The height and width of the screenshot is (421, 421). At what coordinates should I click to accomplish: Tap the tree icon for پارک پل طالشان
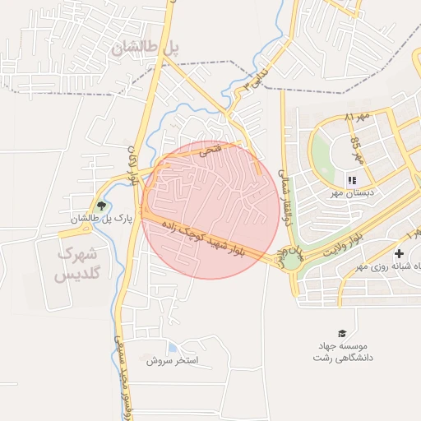point(101,206)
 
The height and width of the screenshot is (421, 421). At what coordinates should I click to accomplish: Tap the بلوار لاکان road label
point(131,163)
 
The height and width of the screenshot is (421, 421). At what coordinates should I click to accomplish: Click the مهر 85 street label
point(357,150)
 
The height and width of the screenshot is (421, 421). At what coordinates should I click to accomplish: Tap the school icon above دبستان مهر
point(351,180)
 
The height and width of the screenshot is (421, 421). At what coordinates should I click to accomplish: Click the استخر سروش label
point(173,360)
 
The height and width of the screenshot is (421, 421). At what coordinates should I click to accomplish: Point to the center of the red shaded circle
point(210,210)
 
